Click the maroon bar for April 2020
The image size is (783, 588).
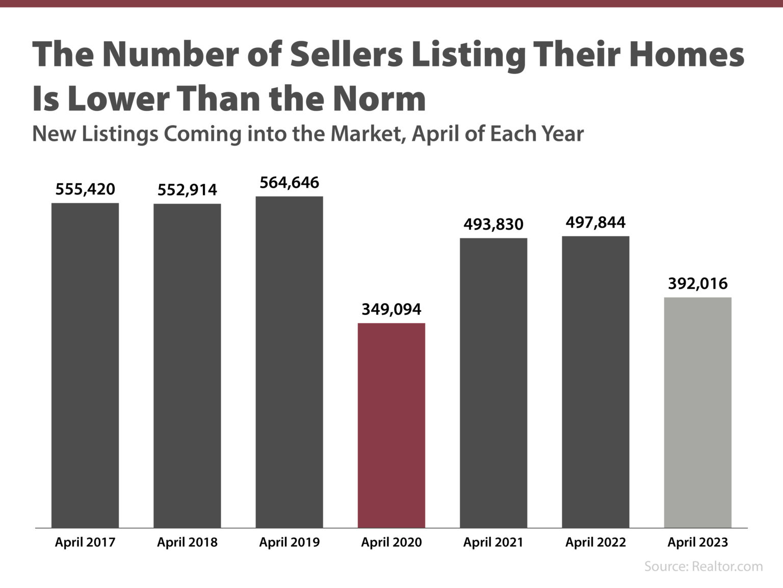391,425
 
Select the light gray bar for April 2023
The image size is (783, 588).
697,412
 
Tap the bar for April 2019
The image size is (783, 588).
289,361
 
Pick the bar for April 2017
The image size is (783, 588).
85,365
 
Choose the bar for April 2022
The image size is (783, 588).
595,381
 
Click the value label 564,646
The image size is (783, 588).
289,183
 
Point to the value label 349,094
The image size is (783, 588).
391,309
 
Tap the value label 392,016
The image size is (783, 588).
697,284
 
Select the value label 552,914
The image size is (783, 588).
187,190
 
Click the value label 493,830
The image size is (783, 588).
493,225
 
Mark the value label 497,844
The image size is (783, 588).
595,223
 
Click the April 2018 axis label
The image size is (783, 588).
187,542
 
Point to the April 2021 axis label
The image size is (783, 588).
493,542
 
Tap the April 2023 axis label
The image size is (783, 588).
697,542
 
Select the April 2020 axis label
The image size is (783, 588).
391,542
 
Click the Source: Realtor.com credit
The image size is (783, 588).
703,566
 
